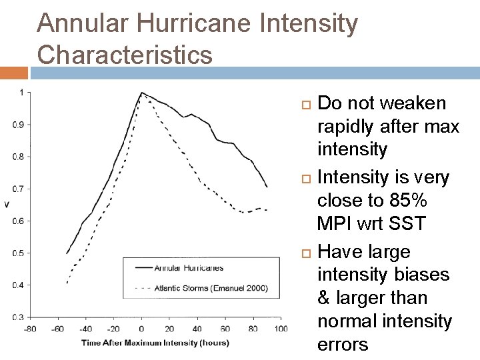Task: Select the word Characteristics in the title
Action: [125, 54]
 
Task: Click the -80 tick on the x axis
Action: [30, 329]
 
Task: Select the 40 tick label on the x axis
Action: [197, 329]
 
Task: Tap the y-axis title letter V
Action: [7, 203]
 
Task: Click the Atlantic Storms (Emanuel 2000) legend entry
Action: [211, 288]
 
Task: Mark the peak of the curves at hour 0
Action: [141, 93]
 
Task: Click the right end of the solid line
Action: [267, 187]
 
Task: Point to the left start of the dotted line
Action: [67, 283]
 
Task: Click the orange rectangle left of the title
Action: [13, 72]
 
